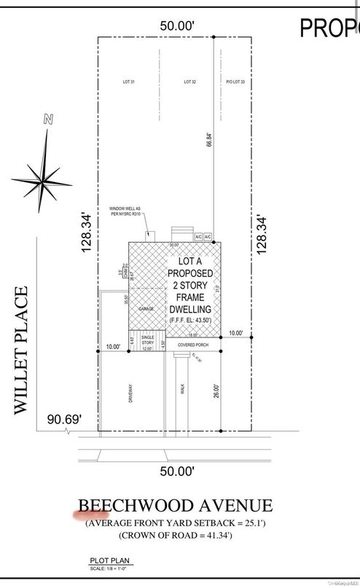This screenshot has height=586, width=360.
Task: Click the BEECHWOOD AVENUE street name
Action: pos(175,506)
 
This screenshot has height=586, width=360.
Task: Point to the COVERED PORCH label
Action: pos(192,343)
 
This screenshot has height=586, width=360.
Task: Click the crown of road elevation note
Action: pos(175,535)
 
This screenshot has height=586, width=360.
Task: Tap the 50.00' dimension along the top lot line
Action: pos(177,26)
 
